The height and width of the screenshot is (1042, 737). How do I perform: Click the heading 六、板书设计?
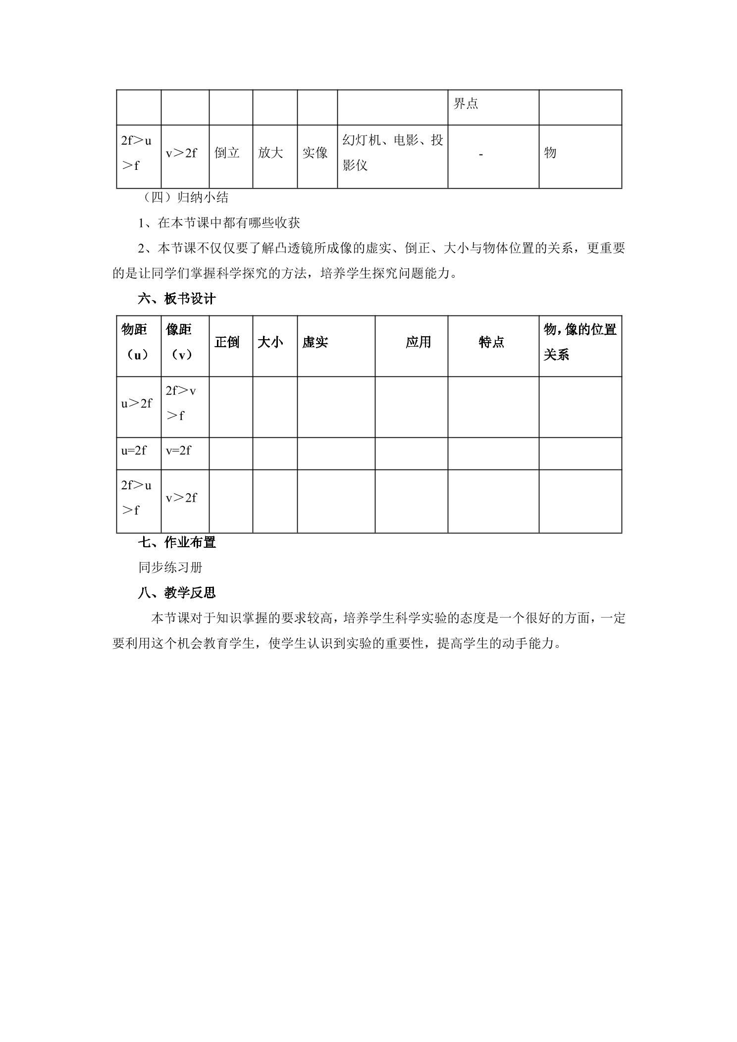177,299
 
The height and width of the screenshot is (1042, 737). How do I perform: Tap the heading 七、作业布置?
177,542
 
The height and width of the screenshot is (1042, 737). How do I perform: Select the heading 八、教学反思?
177,593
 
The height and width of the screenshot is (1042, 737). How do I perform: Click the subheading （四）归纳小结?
183,198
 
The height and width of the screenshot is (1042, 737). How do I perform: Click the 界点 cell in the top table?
466,104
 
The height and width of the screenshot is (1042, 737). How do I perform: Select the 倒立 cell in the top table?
227,153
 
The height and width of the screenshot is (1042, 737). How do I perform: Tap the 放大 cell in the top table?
270,153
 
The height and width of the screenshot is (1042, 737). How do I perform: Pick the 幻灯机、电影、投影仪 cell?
392,153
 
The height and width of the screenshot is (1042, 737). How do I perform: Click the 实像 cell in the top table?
315,153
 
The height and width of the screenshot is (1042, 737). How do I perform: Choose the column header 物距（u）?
135,342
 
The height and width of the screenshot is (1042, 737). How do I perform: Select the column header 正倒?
227,342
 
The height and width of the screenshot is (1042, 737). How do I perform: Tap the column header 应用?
418,342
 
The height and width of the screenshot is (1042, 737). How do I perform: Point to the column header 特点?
491,342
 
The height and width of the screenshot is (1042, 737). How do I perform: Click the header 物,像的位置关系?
579,342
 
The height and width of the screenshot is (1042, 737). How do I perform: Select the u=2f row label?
134,451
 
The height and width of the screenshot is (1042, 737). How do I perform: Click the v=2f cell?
178,451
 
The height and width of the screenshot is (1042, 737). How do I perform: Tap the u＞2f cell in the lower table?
137,404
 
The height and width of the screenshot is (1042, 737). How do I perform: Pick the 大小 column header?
270,342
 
